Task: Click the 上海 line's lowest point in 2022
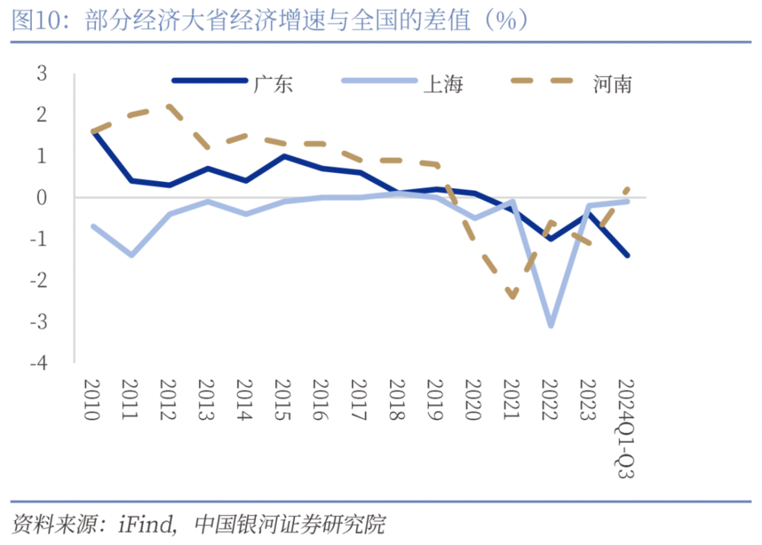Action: [550, 326]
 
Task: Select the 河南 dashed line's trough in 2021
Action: [512, 297]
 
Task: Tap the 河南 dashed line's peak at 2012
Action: [168, 107]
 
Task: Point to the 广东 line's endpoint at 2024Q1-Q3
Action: [627, 255]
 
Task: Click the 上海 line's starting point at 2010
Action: [92, 226]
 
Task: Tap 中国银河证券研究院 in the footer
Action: [290, 524]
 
